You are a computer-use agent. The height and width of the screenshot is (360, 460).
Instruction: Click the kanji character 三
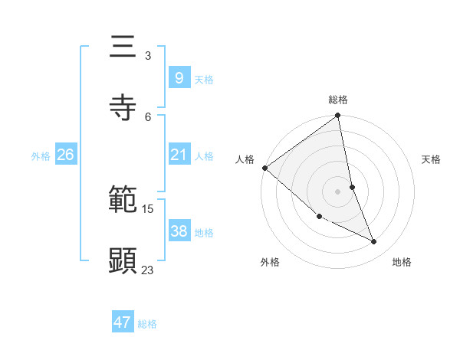[x=123, y=47]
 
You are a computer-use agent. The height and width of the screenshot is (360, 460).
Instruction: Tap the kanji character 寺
[x=123, y=108]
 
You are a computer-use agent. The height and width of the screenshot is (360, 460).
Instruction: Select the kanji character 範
[x=123, y=201]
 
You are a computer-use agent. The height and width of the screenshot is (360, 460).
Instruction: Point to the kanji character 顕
[x=123, y=261]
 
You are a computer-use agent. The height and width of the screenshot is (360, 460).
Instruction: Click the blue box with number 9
[x=179, y=77]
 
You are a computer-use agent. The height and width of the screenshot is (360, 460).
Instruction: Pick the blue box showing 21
[x=179, y=155]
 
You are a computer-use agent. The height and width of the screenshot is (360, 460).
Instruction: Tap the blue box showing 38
[x=179, y=231]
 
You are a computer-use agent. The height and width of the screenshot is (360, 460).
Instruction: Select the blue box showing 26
[x=65, y=155]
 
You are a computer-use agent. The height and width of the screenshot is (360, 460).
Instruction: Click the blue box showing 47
[x=123, y=322]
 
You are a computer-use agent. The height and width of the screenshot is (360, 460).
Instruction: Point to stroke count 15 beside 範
[x=148, y=208]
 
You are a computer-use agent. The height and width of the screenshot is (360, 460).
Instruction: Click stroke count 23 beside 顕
[x=148, y=270]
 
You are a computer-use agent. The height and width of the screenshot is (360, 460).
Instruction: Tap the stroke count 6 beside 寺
[x=148, y=116]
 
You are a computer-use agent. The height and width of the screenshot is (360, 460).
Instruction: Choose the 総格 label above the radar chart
[x=338, y=100]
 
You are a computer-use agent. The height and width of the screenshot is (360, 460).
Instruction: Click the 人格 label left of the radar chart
[x=245, y=159]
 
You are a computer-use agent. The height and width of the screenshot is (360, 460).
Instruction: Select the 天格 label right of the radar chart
[x=432, y=159]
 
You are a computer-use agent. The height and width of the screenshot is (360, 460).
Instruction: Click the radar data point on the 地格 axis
[x=374, y=241]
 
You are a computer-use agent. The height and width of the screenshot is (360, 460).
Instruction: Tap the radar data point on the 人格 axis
[x=264, y=167]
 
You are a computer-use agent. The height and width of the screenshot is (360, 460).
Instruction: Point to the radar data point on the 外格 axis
[x=319, y=217]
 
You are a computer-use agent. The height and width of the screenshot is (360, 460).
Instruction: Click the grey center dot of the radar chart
[x=338, y=191]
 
